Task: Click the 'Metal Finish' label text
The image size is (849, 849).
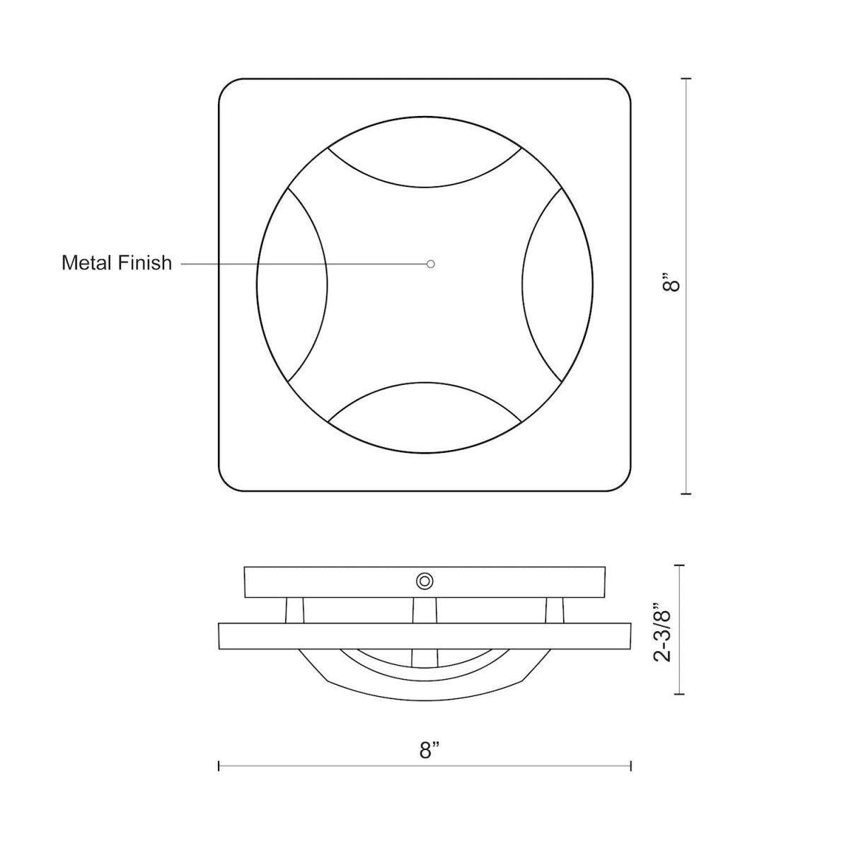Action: (117, 263)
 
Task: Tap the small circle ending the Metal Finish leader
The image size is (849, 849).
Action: (431, 264)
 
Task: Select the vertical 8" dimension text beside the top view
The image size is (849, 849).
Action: (674, 284)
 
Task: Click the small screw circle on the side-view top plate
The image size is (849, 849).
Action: (424, 581)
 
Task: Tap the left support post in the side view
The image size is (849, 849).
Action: (295, 610)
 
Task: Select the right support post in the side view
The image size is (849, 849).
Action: (555, 610)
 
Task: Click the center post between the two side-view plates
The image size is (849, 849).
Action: (424, 610)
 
